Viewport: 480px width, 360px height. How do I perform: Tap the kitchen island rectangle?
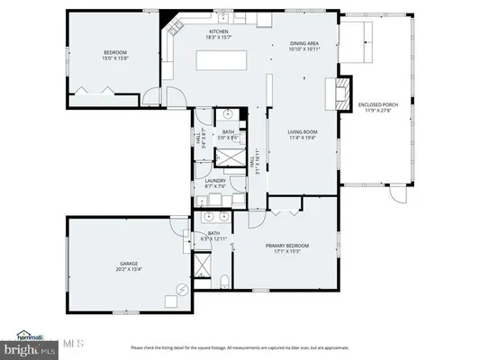tap(217, 60)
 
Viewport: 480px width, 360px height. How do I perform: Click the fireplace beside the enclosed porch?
tap(340, 89)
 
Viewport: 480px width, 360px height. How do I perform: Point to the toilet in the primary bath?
tap(222, 284)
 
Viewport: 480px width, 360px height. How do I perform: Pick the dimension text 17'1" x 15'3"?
tap(286, 252)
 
